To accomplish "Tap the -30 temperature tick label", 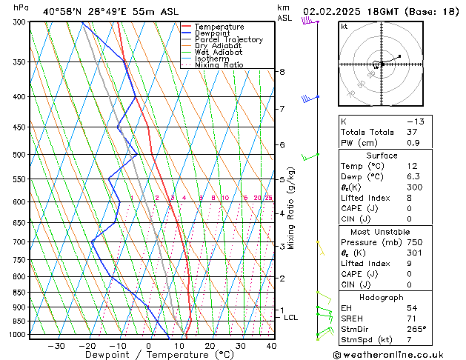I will (56, 346).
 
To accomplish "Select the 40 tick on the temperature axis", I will (271, 346).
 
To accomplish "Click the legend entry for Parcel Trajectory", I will (228, 39).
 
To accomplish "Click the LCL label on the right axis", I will (291, 318).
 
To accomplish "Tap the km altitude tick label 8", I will (282, 72).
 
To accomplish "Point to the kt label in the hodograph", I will (344, 27).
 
